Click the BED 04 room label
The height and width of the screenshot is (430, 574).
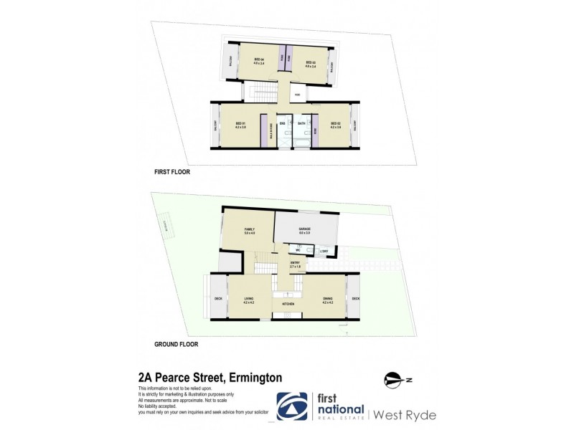tap(259, 59)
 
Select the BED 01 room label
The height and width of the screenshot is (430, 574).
tap(240, 125)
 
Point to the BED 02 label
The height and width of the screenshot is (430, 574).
tap(334, 124)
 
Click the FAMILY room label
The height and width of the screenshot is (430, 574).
tap(250, 229)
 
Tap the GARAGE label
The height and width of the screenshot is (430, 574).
tap(304, 229)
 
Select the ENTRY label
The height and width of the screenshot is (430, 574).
tap(295, 263)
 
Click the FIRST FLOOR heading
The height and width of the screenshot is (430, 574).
tap(172, 172)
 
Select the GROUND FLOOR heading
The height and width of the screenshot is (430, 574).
tap(177, 344)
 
